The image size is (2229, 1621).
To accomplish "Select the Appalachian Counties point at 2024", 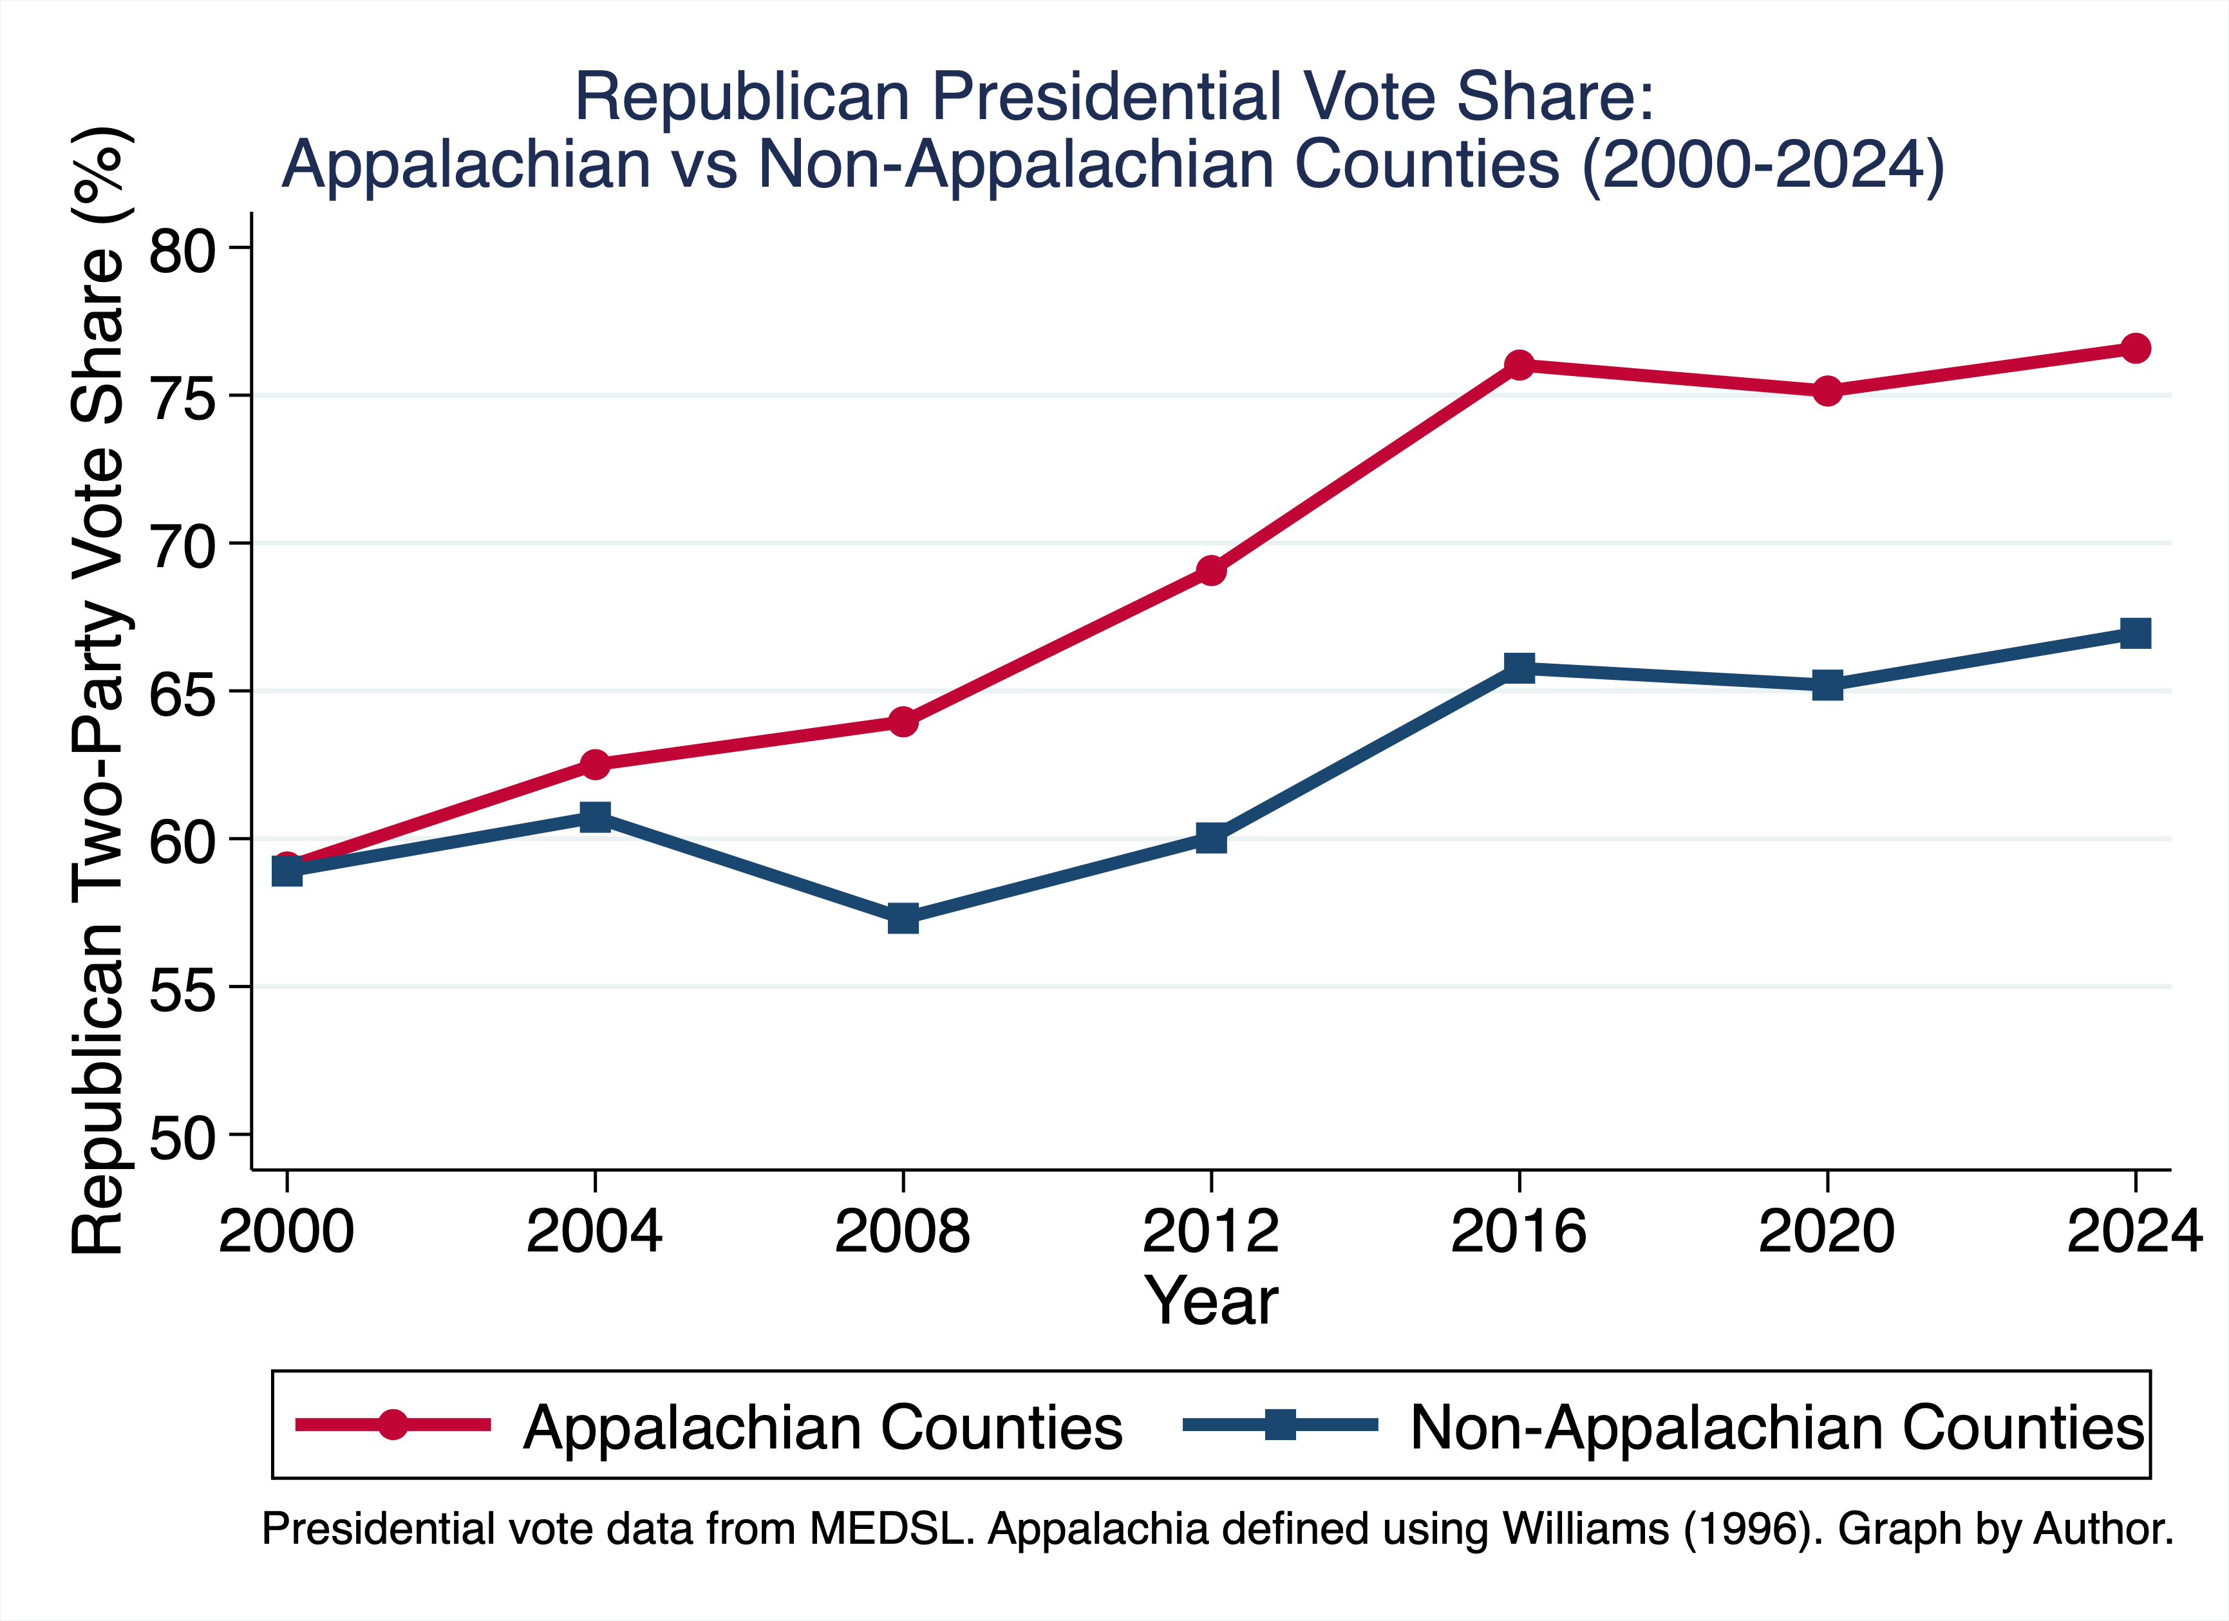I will click(2134, 348).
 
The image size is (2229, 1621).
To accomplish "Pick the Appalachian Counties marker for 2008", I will click(903, 722).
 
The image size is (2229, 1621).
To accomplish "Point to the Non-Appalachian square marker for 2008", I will click(903, 919).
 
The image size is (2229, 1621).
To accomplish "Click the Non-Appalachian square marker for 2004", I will click(595, 816).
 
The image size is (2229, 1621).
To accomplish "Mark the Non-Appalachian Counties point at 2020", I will click(1827, 685).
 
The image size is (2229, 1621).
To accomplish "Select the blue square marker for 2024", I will click(2134, 633).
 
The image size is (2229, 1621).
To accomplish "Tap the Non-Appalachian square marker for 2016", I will click(1519, 668).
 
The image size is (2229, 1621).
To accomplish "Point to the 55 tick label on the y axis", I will click(182, 990).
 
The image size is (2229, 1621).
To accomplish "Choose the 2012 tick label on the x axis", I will click(1211, 1231).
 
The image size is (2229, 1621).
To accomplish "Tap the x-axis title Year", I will click(1211, 1301).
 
